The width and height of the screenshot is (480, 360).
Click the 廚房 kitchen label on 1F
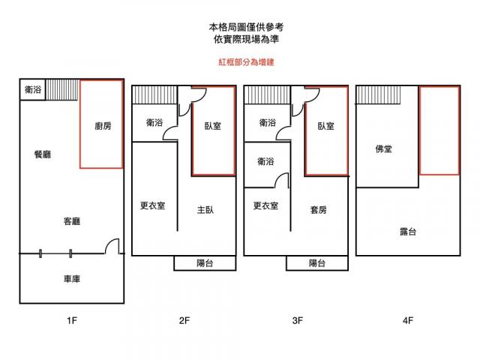(x=103, y=126)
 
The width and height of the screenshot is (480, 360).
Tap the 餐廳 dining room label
(x=43, y=154)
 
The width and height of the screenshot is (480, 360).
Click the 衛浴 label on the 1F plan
(x=33, y=89)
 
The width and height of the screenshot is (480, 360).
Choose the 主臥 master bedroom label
(x=205, y=209)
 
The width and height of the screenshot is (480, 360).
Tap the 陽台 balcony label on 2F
(x=205, y=263)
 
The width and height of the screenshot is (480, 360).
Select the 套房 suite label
(x=318, y=209)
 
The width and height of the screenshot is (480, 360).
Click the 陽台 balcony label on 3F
(x=317, y=263)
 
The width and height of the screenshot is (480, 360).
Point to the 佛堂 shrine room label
(x=383, y=149)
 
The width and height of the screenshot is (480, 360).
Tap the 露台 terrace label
(x=408, y=232)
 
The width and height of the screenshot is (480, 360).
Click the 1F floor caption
(x=71, y=321)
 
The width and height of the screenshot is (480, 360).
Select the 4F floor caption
(x=408, y=321)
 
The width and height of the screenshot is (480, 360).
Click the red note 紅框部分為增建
(x=241, y=62)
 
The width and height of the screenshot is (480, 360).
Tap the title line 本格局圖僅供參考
(x=241, y=26)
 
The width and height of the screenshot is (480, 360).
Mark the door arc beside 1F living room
(x=112, y=247)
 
